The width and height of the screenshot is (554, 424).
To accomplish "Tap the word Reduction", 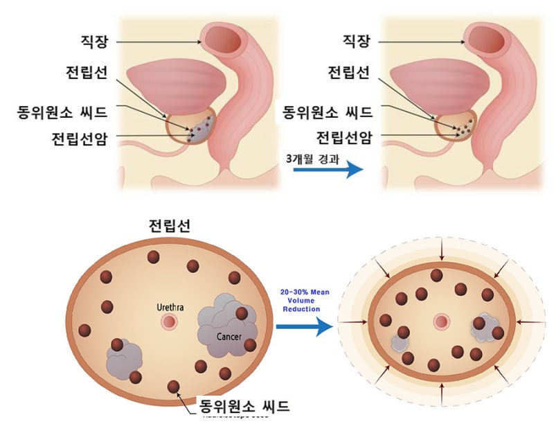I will point(301,309).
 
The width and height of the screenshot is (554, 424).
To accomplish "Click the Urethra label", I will point(168,305).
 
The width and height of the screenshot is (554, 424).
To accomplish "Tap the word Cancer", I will point(228,337).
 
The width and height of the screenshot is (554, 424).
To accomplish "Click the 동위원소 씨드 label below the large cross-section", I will point(243,405).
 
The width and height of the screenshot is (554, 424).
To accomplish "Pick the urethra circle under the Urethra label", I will point(168,323).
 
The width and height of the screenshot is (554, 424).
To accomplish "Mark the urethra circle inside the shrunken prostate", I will point(440,322).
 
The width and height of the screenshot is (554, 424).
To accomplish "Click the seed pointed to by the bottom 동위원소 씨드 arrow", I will point(173,387).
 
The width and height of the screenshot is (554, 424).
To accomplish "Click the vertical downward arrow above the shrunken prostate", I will point(441,254).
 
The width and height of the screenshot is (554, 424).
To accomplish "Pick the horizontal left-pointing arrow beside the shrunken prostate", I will point(528,323).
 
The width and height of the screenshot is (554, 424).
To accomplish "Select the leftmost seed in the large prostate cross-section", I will point(85,330).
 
